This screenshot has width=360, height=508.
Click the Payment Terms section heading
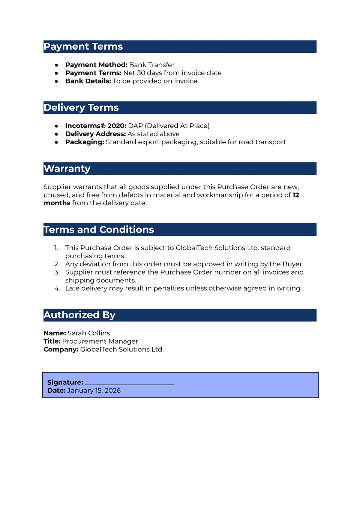coord(83,46)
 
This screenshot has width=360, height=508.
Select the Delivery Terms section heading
coord(81,108)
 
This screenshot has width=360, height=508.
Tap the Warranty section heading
coord(67,169)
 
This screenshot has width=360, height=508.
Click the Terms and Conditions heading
coord(99,230)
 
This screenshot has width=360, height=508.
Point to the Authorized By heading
coord(79,315)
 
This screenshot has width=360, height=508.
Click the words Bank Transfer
coord(152,65)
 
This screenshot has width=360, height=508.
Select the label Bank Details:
coord(88,81)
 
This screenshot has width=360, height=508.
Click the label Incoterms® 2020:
coord(96,126)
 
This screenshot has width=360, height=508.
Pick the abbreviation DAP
coord(135,126)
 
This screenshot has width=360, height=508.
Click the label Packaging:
coord(85,142)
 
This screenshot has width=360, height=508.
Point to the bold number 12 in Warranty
coord(296,195)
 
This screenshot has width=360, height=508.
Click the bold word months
coord(57,203)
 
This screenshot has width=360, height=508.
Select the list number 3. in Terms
coord(57,272)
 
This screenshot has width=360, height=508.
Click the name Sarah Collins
coord(89,333)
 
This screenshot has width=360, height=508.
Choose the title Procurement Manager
coord(100,341)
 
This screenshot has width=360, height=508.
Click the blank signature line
coord(129,382)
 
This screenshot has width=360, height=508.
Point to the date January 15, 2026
coord(94,391)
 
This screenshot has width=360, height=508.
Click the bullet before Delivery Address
coord(56,134)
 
